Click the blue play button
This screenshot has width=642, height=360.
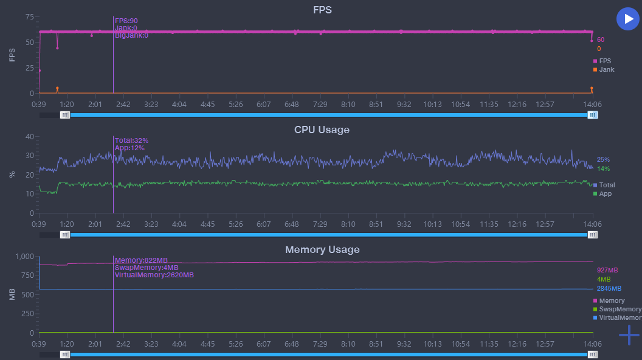[627, 19]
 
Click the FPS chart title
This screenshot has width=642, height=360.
[322, 10]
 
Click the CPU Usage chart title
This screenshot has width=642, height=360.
[322, 130]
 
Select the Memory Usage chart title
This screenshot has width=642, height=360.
[322, 249]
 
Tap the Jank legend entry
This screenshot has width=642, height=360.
[604, 69]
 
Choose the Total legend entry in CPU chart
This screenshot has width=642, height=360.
[604, 185]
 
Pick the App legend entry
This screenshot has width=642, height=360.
[602, 194]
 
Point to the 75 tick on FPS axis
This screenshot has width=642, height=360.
[29, 17]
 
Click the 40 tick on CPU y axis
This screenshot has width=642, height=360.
[29, 136]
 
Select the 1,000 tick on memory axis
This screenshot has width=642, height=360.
[24, 257]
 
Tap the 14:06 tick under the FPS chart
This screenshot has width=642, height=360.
[593, 105]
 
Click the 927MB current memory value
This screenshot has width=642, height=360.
[607, 271]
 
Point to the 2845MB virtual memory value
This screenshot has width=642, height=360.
[609, 288]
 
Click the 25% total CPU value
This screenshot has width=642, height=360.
[603, 160]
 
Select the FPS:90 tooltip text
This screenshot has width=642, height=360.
[126, 21]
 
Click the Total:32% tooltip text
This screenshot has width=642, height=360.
[131, 140]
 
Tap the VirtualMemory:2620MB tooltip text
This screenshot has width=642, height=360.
[154, 275]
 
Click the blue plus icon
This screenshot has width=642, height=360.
[629, 336]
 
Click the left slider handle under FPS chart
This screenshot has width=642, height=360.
[65, 115]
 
